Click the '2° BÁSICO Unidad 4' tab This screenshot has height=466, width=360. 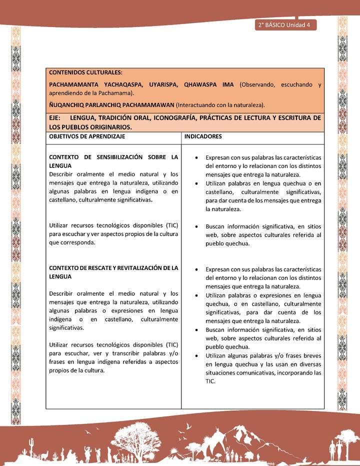pyautogui.click(x=285, y=25)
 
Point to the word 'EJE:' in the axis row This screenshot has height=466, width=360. pyautogui.click(x=55, y=118)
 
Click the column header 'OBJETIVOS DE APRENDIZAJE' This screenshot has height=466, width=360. pyautogui.click(x=87, y=136)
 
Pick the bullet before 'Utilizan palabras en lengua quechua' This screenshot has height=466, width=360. pyautogui.click(x=199, y=183)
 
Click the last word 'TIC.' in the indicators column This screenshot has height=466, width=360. pyautogui.click(x=210, y=381)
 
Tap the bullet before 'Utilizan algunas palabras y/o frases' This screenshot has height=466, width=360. pyautogui.click(x=199, y=355)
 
